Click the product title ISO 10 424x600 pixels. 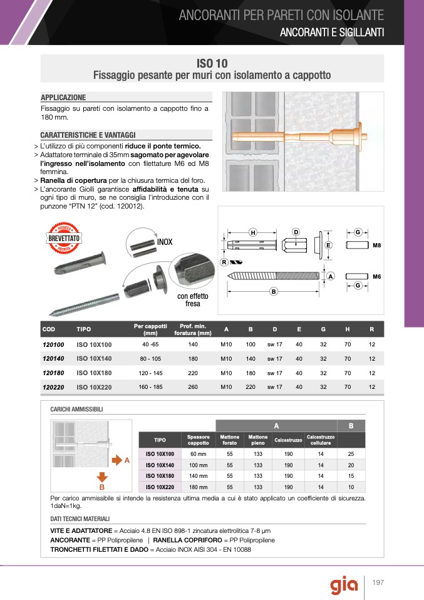click(212, 63)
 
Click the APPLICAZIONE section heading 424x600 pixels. click(63, 98)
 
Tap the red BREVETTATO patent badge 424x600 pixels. click(63, 238)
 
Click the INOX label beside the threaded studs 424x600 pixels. click(165, 242)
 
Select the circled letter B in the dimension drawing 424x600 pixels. click(274, 292)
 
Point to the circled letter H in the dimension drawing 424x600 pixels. click(253, 232)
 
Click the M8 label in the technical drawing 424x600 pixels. click(377, 246)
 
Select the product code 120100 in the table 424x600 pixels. click(53, 344)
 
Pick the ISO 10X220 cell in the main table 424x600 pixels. click(94, 388)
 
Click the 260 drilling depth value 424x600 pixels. click(193, 387)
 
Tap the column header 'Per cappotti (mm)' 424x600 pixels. click(150, 329)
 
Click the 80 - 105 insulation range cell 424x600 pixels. click(150, 359)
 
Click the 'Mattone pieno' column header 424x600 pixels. click(257, 440)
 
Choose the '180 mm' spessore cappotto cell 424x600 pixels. click(198, 487)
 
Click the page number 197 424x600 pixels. click(378, 582)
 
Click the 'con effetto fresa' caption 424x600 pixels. click(192, 300)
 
